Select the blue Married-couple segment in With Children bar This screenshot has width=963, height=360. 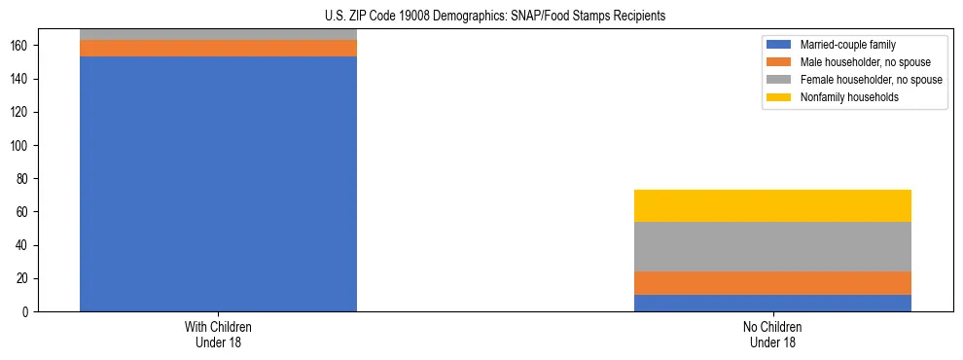(x=218, y=184)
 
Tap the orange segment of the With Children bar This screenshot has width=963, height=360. (x=218, y=49)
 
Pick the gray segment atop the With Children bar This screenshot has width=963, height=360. (x=218, y=34)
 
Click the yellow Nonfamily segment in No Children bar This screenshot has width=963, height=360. (x=772, y=205)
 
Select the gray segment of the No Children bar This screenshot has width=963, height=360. (x=772, y=246)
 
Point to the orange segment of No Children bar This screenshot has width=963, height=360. (x=772, y=283)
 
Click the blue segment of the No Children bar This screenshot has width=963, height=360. (x=772, y=303)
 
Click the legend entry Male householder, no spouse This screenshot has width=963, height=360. (x=855, y=62)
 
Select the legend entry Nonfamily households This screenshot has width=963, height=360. (x=842, y=97)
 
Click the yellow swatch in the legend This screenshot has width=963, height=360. (x=779, y=97)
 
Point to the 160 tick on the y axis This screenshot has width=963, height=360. (x=24, y=46)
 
